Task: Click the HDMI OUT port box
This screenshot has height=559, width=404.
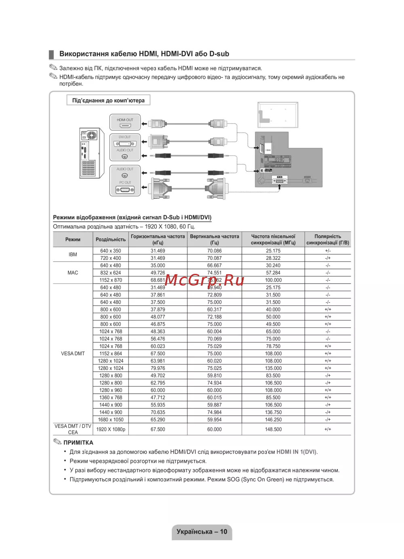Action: [x=125, y=122]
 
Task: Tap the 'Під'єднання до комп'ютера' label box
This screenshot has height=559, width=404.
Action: [x=108, y=100]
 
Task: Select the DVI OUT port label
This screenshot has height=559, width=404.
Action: [x=125, y=137]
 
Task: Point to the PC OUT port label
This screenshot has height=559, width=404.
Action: [x=125, y=183]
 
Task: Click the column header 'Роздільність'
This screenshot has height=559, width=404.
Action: [x=111, y=240]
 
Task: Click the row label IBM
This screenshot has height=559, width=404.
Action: [x=73, y=254]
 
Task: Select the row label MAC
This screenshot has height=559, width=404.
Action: [x=73, y=273]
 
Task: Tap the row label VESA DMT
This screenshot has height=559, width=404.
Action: [x=73, y=353]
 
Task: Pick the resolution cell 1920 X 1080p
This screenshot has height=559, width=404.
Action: [x=111, y=429]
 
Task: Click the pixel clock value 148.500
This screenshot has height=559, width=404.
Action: [x=274, y=429]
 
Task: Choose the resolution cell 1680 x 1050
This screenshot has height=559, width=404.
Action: [x=111, y=420]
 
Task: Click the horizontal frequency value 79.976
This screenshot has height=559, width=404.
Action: [x=158, y=368]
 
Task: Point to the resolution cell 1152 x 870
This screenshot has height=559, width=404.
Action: [x=111, y=280]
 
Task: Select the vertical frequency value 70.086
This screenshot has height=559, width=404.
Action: [x=215, y=251]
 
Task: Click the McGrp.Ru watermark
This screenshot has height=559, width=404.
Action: [x=204, y=280]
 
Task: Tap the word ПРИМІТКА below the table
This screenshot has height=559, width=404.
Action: [x=78, y=443]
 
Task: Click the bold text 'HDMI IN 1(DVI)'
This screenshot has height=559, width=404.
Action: [x=297, y=452]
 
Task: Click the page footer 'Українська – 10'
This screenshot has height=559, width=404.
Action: [x=202, y=532]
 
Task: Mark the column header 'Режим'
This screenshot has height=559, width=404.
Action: [x=73, y=240]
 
